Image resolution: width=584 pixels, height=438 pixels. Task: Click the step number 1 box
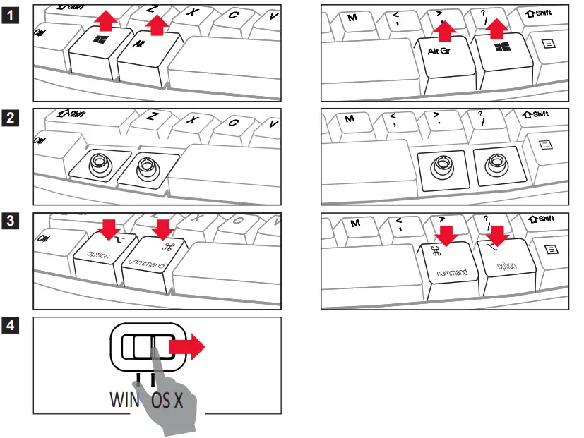tap(11, 13)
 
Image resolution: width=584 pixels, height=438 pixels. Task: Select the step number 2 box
tap(11, 118)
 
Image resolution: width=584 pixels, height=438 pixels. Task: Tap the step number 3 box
tap(11, 222)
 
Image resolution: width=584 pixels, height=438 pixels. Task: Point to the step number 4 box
tap(11, 325)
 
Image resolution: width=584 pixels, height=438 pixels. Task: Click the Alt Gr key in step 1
tap(441, 53)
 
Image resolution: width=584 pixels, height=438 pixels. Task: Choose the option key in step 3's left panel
tap(98, 254)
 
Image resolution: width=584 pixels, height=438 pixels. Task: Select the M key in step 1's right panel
tap(352, 17)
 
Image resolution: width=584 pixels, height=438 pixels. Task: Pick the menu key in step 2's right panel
tap(547, 146)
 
